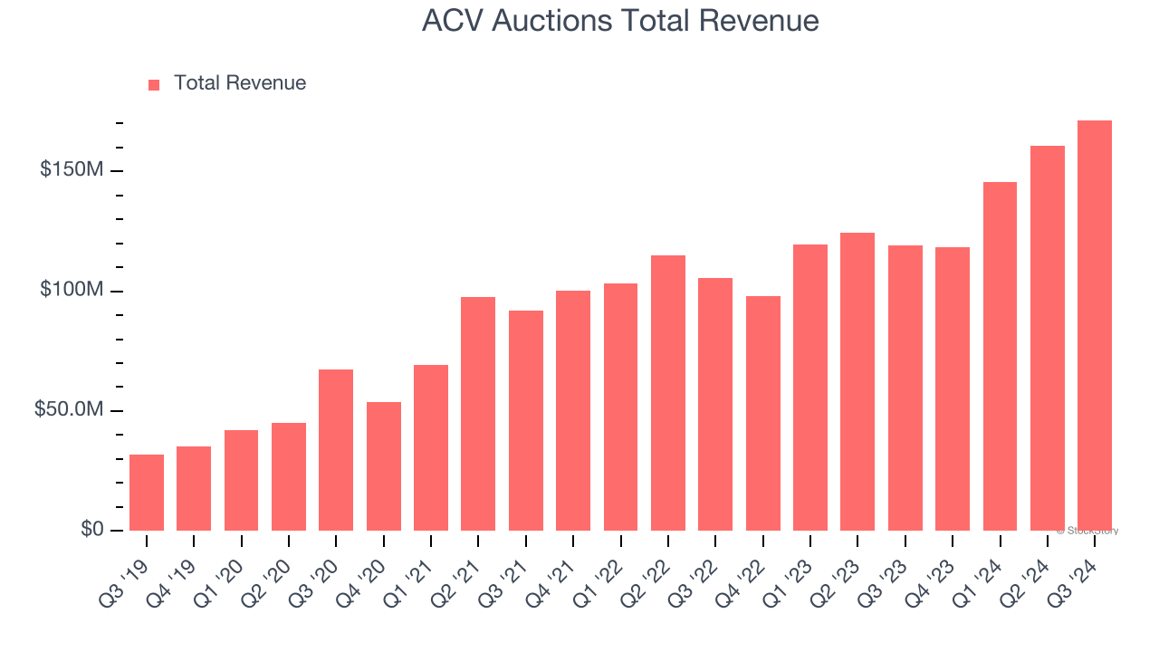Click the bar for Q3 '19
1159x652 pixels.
147,493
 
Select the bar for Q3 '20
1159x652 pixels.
336,450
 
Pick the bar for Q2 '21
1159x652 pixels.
478,414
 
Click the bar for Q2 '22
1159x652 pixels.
668,393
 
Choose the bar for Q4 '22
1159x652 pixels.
763,413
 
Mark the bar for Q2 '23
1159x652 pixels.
857,381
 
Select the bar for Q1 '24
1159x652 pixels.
1000,356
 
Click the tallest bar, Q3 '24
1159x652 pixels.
1095,325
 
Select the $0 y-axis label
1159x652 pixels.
91,530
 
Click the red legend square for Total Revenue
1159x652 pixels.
154,85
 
